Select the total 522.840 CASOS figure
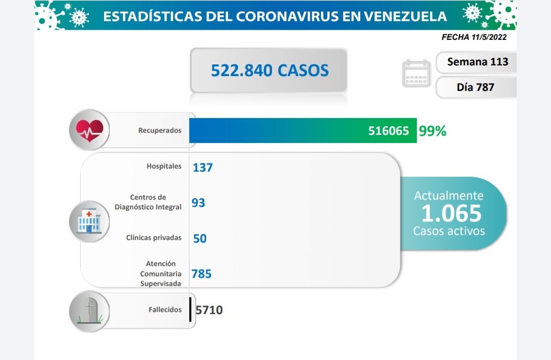[269, 70]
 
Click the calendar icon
[416, 74]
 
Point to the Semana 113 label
[478, 62]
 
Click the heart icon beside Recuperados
[89, 130]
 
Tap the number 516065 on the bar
[388, 131]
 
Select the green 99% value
[432, 131]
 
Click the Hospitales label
[164, 166]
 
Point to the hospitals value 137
[203, 167]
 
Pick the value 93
[198, 203]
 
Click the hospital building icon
[89, 221]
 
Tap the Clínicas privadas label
[154, 237]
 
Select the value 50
[199, 238]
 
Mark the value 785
[202, 274]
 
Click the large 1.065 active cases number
[452, 213]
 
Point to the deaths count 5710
[209, 310]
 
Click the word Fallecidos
[165, 309]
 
